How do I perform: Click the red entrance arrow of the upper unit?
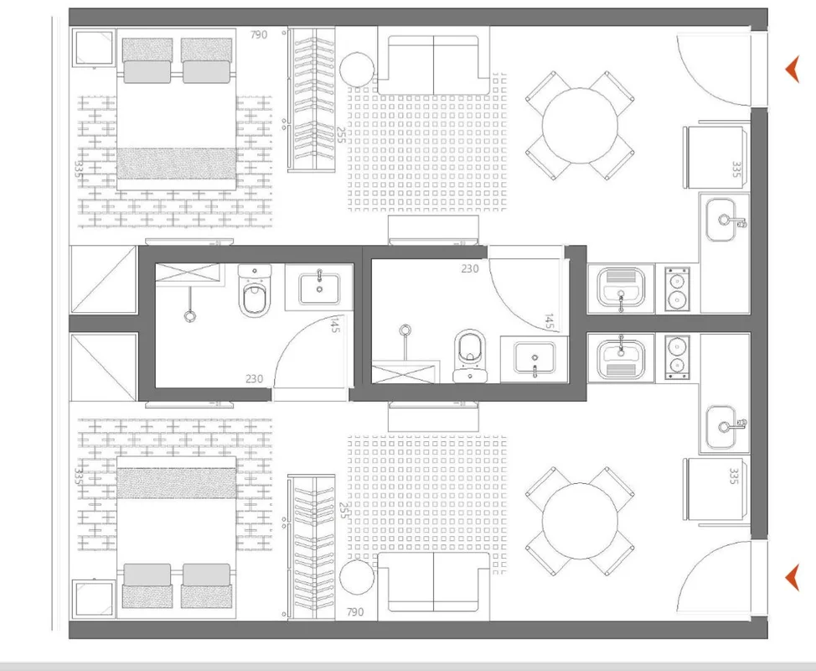click(793, 70)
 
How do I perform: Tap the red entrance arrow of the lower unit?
click(793, 578)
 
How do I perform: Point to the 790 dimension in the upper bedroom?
click(259, 35)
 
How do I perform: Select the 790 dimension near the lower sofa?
click(355, 611)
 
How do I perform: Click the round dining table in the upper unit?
click(580, 126)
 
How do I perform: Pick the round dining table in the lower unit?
click(580, 521)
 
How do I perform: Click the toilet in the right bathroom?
click(470, 356)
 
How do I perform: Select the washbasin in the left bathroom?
click(319, 288)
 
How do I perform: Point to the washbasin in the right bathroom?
click(535, 357)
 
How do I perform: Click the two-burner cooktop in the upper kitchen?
click(677, 289)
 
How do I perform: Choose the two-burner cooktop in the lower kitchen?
click(677, 357)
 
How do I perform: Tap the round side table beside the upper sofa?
click(357, 70)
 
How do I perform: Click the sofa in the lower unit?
click(433, 582)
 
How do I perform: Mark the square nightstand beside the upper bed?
click(93, 49)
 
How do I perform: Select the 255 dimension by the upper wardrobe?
click(341, 135)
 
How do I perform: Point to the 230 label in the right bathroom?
click(470, 268)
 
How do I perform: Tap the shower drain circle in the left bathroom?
click(190, 315)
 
